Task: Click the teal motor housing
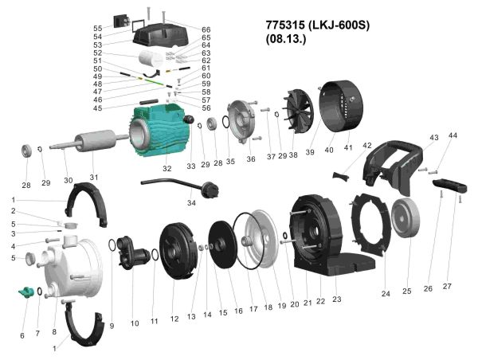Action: click(160, 131)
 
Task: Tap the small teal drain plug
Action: click(26, 292)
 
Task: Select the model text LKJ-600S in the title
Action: click(339, 25)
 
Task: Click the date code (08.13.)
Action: click(286, 39)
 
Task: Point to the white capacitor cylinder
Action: click(151, 60)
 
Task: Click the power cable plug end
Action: click(212, 189)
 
